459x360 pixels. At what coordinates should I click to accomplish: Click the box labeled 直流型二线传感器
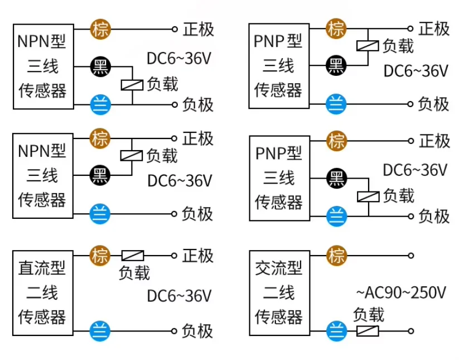tap(43, 293)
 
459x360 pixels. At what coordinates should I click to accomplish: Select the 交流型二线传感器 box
tap(279, 293)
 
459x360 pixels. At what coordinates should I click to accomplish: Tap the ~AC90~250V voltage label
tap(401, 292)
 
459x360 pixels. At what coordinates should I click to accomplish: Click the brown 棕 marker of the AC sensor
tap(337, 256)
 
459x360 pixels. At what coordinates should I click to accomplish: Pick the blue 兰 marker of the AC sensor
tap(337, 331)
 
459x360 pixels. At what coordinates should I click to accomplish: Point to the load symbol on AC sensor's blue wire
tap(368, 331)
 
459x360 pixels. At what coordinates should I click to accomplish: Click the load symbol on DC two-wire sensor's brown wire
tap(133, 256)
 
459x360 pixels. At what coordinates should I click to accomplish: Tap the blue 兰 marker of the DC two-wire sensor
tap(100, 331)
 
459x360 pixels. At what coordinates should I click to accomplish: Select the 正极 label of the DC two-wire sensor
tap(198, 256)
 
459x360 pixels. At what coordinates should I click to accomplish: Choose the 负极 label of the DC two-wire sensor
tap(197, 331)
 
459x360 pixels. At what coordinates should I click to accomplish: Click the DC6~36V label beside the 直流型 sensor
tap(179, 296)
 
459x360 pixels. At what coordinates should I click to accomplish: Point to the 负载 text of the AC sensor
tap(369, 315)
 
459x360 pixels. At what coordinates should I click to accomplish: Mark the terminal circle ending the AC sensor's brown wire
tap(411, 256)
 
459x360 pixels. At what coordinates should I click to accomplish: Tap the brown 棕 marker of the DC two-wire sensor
tap(100, 256)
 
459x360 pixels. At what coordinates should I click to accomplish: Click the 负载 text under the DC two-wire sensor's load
tap(134, 273)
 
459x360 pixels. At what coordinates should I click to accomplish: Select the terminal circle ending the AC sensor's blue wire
tap(411, 331)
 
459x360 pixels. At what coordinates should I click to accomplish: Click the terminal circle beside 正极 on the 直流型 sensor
tap(174, 256)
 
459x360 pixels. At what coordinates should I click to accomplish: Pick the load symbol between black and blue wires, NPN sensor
tap(132, 85)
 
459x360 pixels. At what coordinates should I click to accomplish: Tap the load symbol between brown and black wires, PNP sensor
tap(368, 46)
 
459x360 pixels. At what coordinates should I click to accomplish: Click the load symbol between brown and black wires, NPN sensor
tap(132, 156)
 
